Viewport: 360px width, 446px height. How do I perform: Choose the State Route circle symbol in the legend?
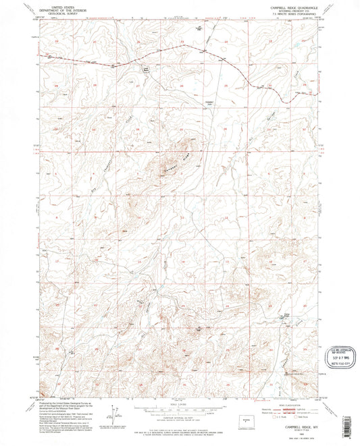click(295, 416)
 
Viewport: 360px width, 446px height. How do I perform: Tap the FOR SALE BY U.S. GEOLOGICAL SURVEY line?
click(180, 427)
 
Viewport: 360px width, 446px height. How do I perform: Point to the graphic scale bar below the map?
click(180, 410)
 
